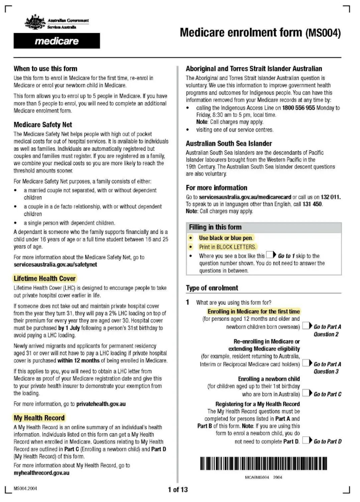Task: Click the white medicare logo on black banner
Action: click(x=57, y=41)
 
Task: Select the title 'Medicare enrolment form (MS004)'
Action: click(x=260, y=33)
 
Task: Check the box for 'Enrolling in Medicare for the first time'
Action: click(x=307, y=327)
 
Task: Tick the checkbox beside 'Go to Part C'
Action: click(x=307, y=394)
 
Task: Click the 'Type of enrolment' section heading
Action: click(x=212, y=288)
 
